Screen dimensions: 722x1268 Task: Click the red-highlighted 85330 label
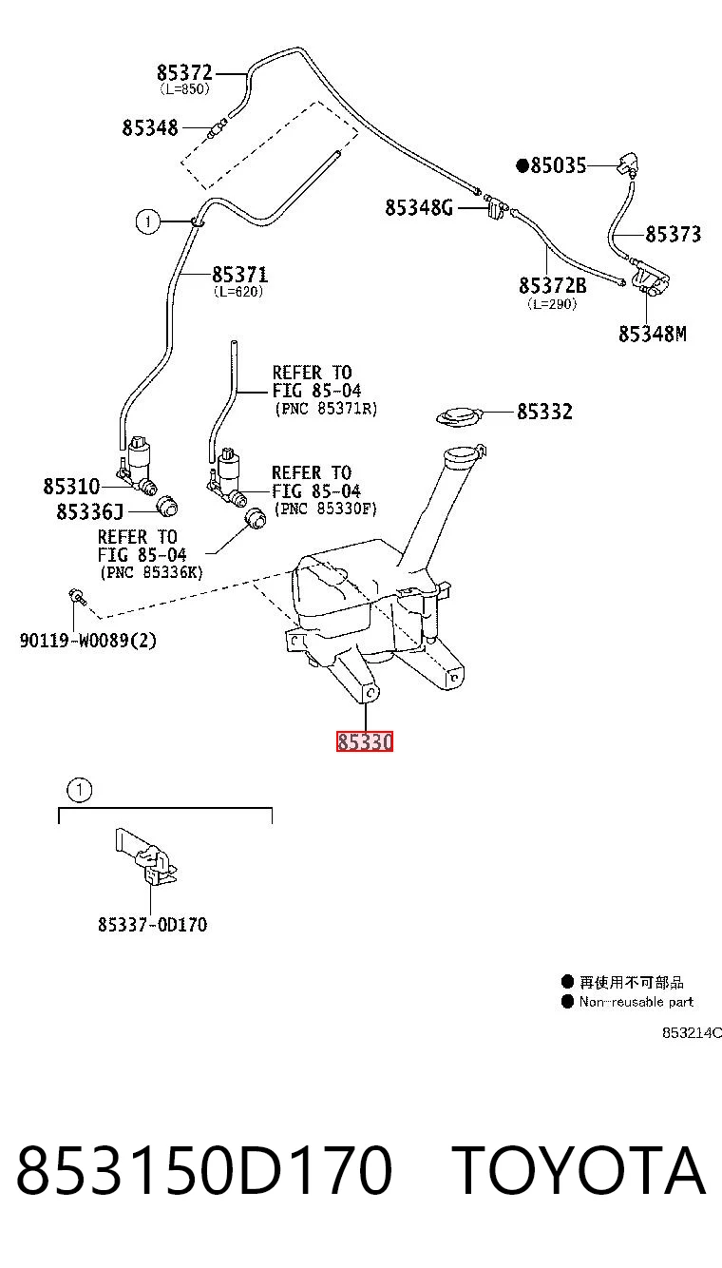(365, 741)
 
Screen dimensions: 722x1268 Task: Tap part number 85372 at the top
(184, 73)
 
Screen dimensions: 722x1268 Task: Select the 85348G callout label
(419, 208)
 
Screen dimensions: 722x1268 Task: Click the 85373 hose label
(674, 234)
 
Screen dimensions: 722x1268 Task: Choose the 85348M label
(653, 334)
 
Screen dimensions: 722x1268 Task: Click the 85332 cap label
(544, 412)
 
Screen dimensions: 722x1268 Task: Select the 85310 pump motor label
(71, 487)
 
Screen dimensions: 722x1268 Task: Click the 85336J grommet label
(90, 511)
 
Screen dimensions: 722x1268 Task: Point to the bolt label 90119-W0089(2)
(87, 641)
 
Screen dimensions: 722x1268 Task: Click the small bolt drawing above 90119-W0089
(77, 596)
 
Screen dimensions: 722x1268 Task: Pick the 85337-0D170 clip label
(152, 925)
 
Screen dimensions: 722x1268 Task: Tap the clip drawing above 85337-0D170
(146, 855)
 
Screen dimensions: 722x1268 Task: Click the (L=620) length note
(238, 292)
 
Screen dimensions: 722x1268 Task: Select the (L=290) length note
(552, 304)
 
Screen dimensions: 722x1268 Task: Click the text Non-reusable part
(636, 1002)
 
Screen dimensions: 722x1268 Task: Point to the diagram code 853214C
(692, 1032)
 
